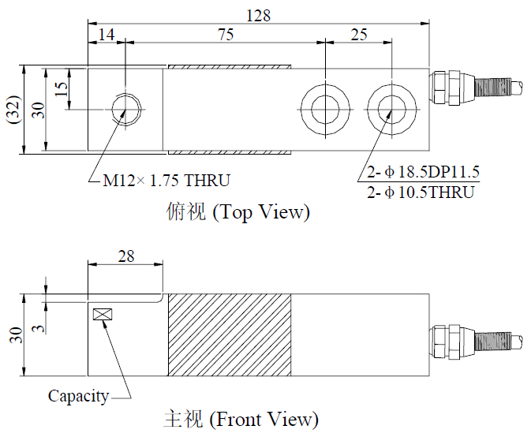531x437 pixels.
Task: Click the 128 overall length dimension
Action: click(260, 15)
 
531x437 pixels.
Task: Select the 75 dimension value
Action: click(226, 35)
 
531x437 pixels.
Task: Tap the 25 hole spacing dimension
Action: click(358, 35)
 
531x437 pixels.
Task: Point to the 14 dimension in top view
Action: click(106, 35)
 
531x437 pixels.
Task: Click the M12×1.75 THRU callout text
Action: click(166, 181)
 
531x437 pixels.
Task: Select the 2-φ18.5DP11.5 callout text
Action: click(423, 173)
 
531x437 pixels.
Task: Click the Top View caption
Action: click(238, 212)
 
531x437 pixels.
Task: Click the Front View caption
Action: click(241, 418)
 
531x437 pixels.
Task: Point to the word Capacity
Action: click(78, 396)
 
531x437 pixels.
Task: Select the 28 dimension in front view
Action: click(125, 256)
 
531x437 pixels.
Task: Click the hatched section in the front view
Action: click(229, 334)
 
